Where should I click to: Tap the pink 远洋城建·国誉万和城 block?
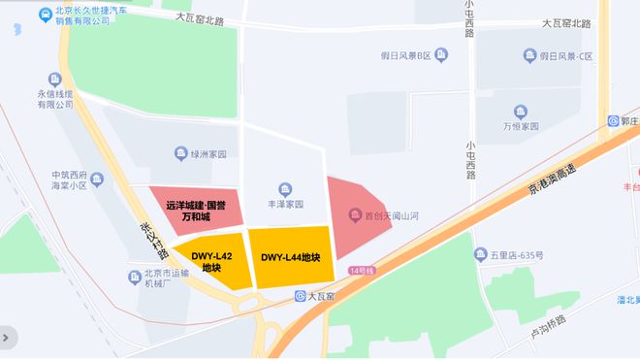pyautogui.click(x=194, y=211)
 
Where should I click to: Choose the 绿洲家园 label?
pyautogui.click(x=207, y=154)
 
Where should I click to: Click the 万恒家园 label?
pyautogui.click(x=520, y=127)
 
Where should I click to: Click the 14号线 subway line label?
pyautogui.click(x=362, y=269)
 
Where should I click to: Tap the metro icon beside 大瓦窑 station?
pyautogui.click(x=302, y=295)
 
